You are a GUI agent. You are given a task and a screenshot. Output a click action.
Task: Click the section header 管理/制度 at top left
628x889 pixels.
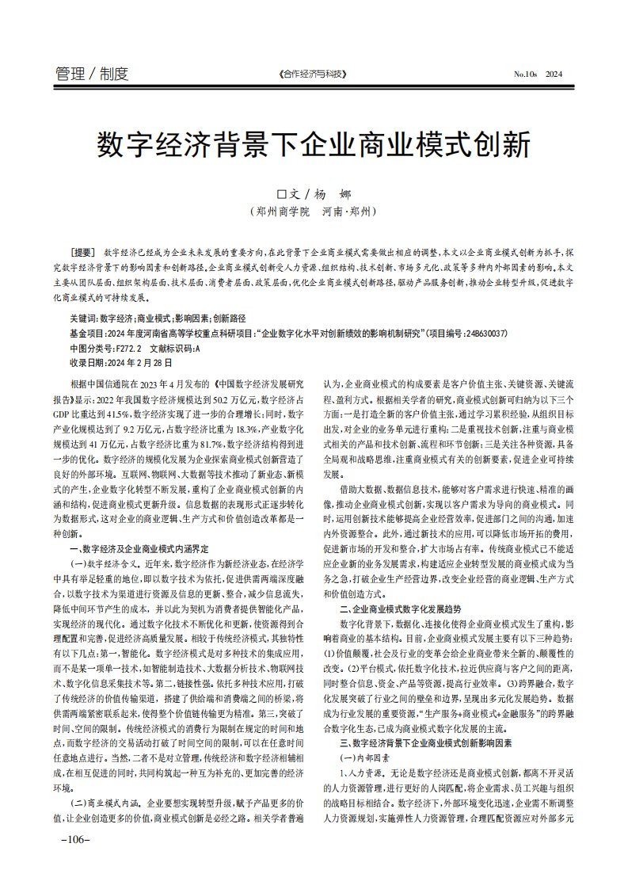[92, 74]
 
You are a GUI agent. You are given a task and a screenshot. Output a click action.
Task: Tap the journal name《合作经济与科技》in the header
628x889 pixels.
[314, 74]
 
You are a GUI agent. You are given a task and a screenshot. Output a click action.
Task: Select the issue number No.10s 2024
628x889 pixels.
[537, 74]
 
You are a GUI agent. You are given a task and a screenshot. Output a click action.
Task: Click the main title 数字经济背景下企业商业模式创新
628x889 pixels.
[314, 146]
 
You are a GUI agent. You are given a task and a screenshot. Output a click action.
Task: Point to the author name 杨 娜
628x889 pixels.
[331, 194]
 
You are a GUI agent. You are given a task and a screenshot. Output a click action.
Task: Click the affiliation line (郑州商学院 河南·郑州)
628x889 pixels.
[314, 212]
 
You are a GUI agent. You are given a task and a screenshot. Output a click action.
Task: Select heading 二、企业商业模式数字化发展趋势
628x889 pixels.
[400, 609]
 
